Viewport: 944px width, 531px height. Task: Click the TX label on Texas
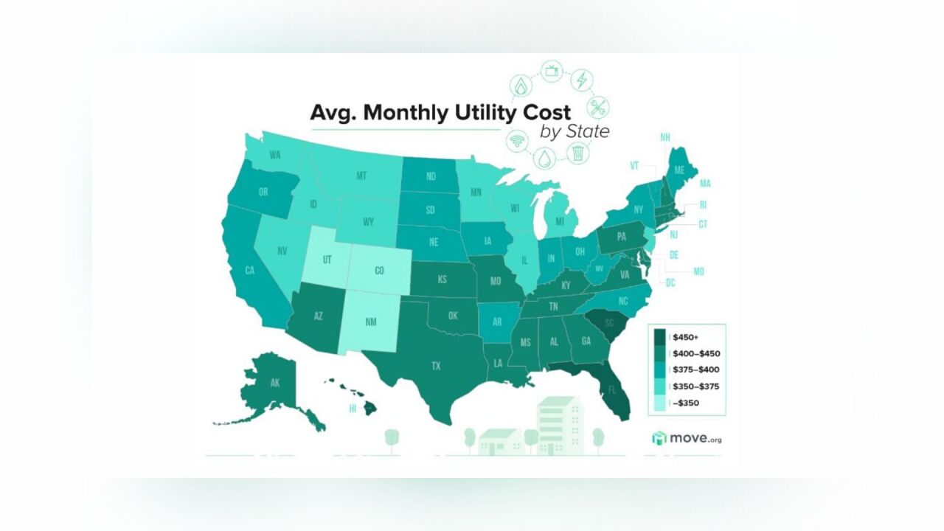pos(436,365)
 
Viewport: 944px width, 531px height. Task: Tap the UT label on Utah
pos(327,260)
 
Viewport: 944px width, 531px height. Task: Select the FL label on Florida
pos(610,391)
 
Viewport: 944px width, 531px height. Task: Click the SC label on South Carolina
pos(610,322)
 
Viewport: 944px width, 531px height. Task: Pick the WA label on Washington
pos(275,155)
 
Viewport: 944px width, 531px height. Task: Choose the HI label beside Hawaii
pos(353,409)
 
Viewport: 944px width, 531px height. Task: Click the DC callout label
pos(670,282)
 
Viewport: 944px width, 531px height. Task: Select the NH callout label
pos(664,137)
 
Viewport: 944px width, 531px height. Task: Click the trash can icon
pos(579,153)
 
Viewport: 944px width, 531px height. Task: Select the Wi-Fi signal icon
pos(516,140)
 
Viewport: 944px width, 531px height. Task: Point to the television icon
pos(551,71)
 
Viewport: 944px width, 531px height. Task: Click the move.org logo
pos(687,439)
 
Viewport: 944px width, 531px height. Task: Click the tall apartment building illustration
pos(558,424)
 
